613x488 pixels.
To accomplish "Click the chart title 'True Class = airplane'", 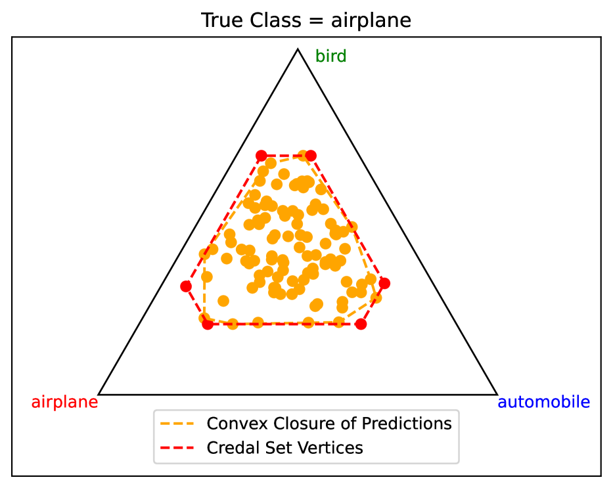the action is (x=306, y=20).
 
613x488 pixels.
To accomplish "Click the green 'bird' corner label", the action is (x=330, y=56).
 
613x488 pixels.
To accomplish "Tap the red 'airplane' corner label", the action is (x=64, y=402).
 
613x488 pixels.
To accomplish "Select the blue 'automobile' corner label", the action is (x=543, y=402).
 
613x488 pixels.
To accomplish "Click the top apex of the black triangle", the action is (x=298, y=49).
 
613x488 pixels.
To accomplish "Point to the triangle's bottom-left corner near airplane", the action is (x=99, y=394).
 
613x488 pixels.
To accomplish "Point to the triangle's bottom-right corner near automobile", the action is (x=497, y=394).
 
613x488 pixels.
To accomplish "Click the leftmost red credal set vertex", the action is (x=186, y=287).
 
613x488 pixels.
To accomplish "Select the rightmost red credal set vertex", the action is (x=385, y=283).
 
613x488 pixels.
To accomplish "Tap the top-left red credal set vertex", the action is (x=261, y=156).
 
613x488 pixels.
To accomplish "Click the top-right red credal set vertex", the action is (x=311, y=156).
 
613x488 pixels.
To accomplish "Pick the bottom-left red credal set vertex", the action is (x=208, y=324).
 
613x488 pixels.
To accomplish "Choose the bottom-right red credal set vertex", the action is (x=361, y=324).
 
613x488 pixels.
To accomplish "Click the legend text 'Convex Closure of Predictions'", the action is (x=329, y=424).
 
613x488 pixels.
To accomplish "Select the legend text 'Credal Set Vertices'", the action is (x=284, y=448).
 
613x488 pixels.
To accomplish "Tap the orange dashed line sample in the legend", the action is (x=177, y=424).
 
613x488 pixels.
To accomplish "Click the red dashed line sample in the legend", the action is (x=177, y=448).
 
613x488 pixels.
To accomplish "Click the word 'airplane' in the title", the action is (x=371, y=21).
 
